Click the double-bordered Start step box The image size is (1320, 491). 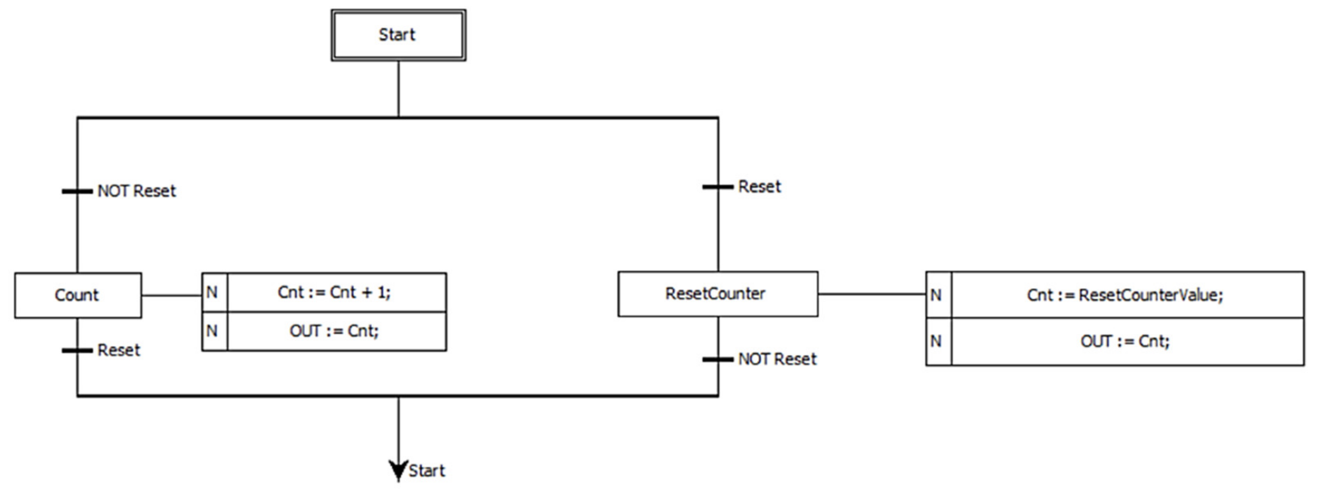point(398,35)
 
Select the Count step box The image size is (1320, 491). point(78,295)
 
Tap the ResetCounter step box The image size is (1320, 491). point(718,294)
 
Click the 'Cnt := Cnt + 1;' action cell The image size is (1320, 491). point(336,292)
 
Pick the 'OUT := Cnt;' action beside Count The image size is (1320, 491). point(336,331)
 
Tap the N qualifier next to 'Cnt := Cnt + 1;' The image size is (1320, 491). point(213,292)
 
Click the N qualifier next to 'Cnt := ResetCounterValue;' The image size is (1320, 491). point(937,295)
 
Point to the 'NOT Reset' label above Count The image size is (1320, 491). point(136,191)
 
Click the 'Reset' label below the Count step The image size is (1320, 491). point(118,351)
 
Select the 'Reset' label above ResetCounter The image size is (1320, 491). point(759,187)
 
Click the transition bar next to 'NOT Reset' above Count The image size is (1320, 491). point(77,191)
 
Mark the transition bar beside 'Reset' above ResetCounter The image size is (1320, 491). point(718,187)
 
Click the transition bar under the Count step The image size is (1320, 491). point(77,351)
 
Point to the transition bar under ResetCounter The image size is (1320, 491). point(718,359)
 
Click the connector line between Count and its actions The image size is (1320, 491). point(172,295)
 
